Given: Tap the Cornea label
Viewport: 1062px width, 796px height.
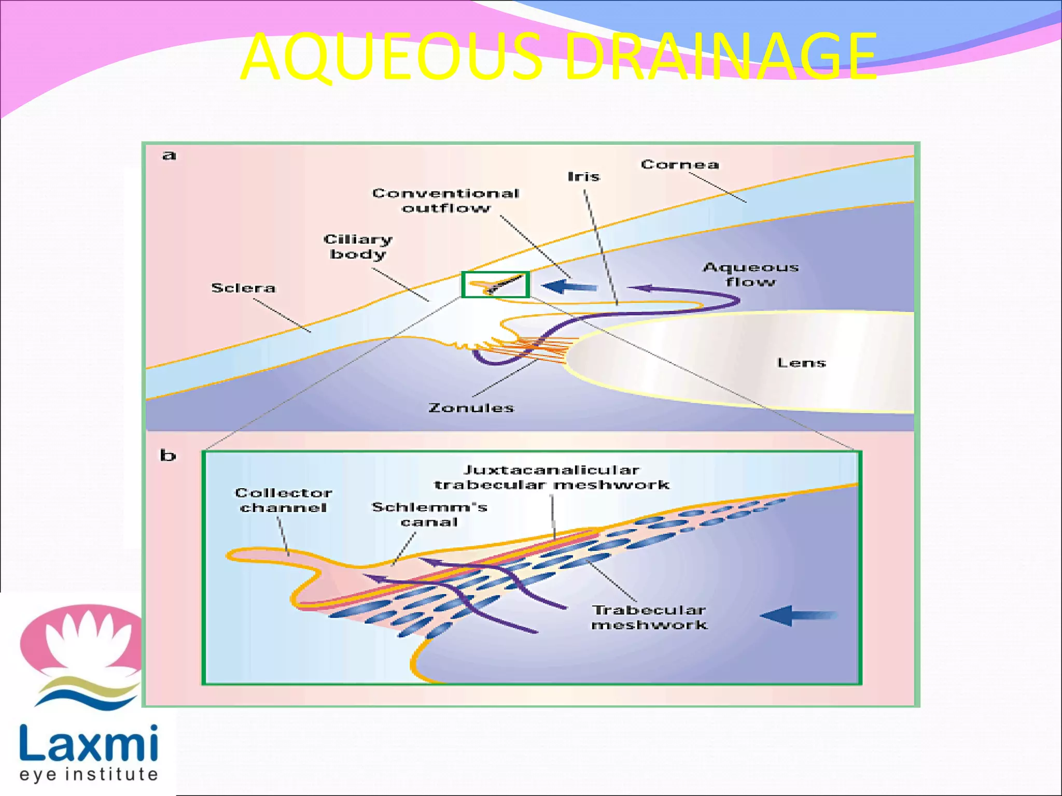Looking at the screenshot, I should click(x=680, y=165).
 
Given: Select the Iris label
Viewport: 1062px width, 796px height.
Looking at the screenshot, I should click(x=583, y=177).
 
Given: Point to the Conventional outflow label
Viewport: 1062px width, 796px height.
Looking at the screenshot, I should click(x=446, y=201).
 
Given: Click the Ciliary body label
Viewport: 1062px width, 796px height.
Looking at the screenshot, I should click(x=358, y=247).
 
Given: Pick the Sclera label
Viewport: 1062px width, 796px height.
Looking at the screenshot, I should click(x=243, y=288).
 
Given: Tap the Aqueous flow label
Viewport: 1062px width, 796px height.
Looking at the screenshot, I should click(x=750, y=274).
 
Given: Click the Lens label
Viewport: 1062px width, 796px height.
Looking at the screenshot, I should click(x=801, y=363).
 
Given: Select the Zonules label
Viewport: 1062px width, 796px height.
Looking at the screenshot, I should click(x=471, y=408).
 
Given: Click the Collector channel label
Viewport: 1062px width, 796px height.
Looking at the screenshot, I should click(x=283, y=500).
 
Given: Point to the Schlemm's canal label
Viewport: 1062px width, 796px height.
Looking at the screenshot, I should click(x=429, y=514).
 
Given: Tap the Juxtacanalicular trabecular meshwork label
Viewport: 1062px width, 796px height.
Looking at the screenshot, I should click(x=552, y=477).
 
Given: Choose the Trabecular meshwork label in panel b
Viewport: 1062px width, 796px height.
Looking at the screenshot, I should click(x=649, y=617).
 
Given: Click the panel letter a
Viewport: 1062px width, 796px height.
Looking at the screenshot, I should click(x=169, y=155).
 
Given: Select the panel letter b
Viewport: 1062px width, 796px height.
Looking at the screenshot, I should click(x=167, y=455).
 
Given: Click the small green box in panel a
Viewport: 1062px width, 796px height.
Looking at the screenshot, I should click(x=495, y=285).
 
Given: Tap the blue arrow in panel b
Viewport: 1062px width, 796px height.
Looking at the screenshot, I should click(x=799, y=616).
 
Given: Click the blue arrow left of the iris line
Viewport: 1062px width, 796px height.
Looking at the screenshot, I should click(x=569, y=286).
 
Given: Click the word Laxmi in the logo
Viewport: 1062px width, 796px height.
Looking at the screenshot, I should click(x=89, y=744).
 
